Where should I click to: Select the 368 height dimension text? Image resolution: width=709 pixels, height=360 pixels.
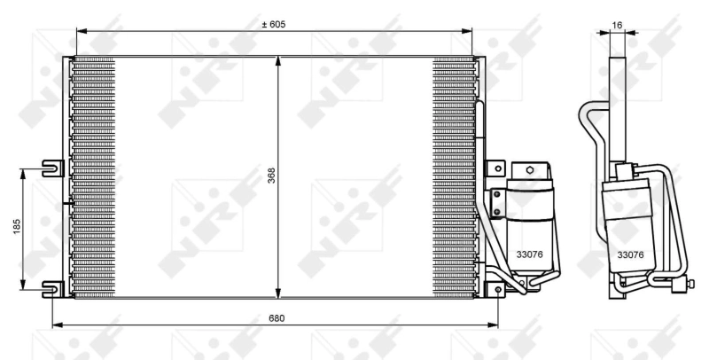tap(271, 177)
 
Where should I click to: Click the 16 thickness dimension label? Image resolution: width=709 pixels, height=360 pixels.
tap(617, 26)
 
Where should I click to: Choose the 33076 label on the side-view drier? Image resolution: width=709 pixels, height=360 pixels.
tap(630, 254)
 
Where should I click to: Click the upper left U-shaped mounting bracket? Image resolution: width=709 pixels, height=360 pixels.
tap(52, 166)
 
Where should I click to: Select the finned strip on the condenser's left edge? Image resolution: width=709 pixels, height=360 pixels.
tap(93, 177)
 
